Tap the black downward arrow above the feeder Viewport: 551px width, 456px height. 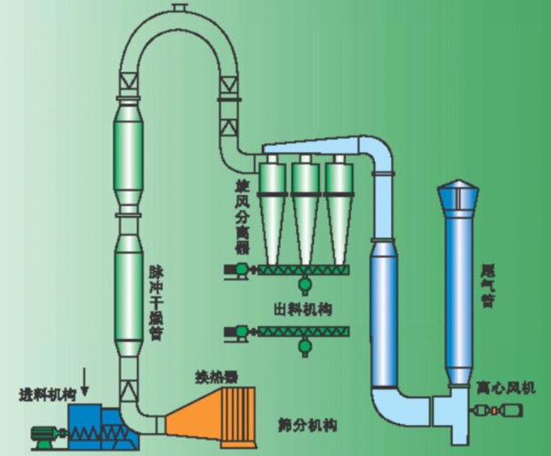pos(85,381)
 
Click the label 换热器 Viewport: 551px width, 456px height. pos(217,376)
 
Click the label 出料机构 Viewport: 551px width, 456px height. pos(303,308)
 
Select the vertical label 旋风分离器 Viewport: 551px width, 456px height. pos(240,219)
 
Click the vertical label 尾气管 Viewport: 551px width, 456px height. pos(487,284)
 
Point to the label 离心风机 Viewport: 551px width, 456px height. pos(506,388)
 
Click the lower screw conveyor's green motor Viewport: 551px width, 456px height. pos(235,334)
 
